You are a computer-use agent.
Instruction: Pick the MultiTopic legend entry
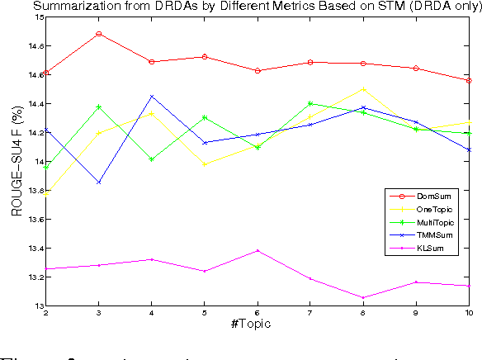click(428, 223)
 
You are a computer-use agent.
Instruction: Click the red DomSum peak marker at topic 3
click(99, 34)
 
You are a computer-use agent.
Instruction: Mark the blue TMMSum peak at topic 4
click(152, 96)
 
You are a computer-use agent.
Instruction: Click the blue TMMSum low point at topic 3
click(99, 182)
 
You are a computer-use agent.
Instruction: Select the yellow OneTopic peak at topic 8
click(363, 89)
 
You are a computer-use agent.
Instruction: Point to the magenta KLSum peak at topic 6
click(258, 250)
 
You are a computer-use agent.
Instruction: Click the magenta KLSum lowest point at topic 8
click(363, 297)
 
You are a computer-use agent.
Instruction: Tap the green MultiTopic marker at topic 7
click(310, 103)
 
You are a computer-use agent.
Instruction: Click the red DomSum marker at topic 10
click(469, 81)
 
